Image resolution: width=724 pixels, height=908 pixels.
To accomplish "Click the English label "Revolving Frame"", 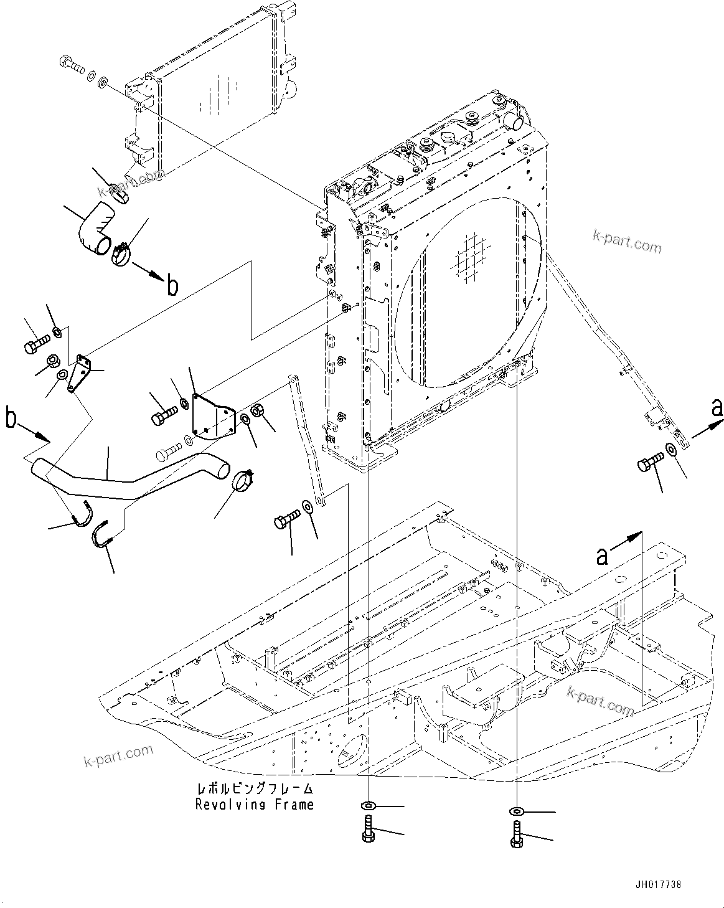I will [x=254, y=805].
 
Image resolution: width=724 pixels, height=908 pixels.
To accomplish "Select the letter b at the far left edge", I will [x=11, y=418].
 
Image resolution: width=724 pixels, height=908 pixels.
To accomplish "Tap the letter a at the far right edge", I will [x=717, y=408].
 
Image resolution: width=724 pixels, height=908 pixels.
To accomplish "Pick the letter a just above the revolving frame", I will [x=602, y=555].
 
